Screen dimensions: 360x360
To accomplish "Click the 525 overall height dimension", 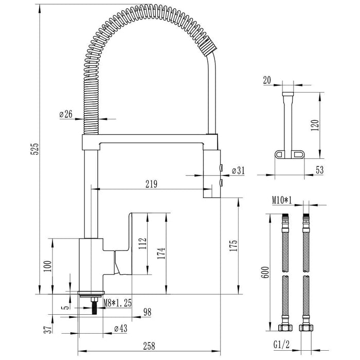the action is (34, 149).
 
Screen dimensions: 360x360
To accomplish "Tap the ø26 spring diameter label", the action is (66, 114).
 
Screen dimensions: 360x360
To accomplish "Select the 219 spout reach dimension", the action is (151, 184).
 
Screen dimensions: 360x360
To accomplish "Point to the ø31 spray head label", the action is (238, 170).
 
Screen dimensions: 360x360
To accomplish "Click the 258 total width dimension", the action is (149, 346).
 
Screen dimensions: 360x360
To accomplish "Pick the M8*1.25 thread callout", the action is (118, 303).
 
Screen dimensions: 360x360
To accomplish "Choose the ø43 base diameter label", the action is (121, 328).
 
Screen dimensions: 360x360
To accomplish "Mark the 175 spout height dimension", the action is (233, 246).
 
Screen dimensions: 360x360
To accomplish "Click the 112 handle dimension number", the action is (142, 243).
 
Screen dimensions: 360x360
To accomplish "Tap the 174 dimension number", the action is (161, 253).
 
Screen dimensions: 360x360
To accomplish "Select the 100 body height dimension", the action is (48, 266).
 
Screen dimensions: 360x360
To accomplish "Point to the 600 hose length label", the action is (265, 272).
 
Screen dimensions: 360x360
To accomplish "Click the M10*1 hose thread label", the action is (282, 200).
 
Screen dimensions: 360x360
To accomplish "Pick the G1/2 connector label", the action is (281, 345).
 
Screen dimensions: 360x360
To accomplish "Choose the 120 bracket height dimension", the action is (315, 125).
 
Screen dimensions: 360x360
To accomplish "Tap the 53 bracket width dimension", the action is (319, 170).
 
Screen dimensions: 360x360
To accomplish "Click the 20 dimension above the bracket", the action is (267, 80).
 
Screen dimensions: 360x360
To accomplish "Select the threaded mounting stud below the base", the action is (94, 306).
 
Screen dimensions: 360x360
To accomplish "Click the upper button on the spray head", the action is (221, 168).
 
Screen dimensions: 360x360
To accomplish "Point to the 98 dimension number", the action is (148, 312).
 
